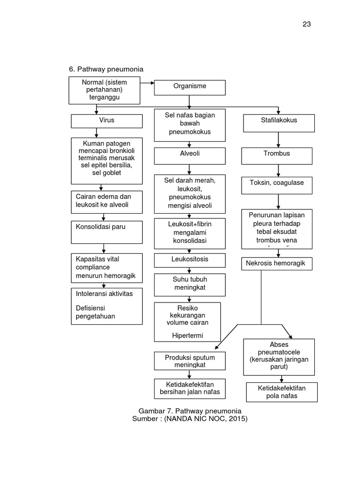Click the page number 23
point(307,24)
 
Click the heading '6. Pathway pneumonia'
point(106,69)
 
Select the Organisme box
point(190,87)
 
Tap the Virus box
point(106,121)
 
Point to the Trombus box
point(277,155)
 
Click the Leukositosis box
point(190,260)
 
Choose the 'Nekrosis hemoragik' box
point(277,263)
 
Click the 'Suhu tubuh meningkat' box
point(190,284)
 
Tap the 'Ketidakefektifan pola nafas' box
point(282,392)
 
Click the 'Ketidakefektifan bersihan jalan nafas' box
point(190,388)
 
